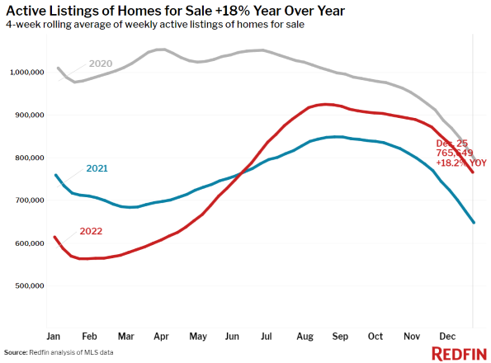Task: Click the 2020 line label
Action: pyautogui.click(x=102, y=64)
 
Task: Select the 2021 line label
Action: pyautogui.click(x=97, y=168)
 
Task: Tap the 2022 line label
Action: pyautogui.click(x=91, y=231)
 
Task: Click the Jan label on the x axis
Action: pyautogui.click(x=54, y=337)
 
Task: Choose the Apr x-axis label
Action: pyautogui.click(x=161, y=337)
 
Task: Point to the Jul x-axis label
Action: pyautogui.click(x=267, y=337)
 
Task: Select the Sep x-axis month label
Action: pyautogui.click(x=339, y=337)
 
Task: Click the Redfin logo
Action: pyautogui.click(x=459, y=353)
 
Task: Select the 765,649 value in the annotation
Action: pyautogui.click(x=455, y=153)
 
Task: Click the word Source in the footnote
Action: pyautogui.click(x=16, y=352)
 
